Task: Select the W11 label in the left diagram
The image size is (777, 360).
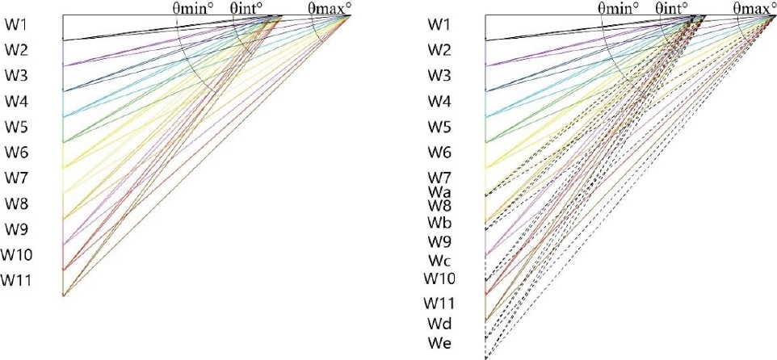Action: pos(17,280)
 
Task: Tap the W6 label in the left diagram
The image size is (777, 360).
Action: pos(17,152)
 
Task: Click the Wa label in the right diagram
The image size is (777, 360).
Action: pos(439,192)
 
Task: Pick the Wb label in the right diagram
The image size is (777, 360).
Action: pos(439,222)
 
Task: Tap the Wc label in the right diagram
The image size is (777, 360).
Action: pos(439,260)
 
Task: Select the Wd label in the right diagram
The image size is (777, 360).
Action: pos(439,324)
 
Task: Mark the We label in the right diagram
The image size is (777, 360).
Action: pos(439,345)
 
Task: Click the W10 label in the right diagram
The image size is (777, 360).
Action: pos(440,278)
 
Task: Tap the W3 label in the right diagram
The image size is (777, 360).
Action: pos(439,76)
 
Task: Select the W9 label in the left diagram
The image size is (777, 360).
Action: pos(17,228)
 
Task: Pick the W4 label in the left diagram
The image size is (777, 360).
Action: pos(17,101)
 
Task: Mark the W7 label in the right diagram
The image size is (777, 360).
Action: pos(439,177)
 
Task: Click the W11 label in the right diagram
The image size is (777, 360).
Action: pos(440,303)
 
